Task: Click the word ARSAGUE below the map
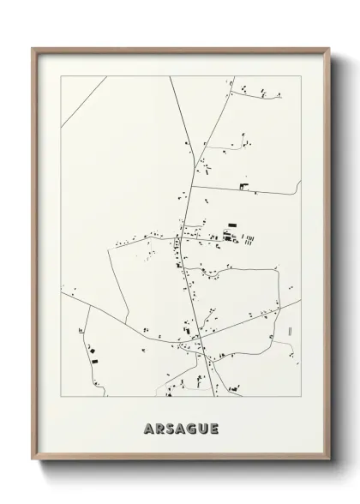pos(181,428)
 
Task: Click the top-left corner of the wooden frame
pos(33,49)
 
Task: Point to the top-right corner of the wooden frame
pos(328,49)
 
